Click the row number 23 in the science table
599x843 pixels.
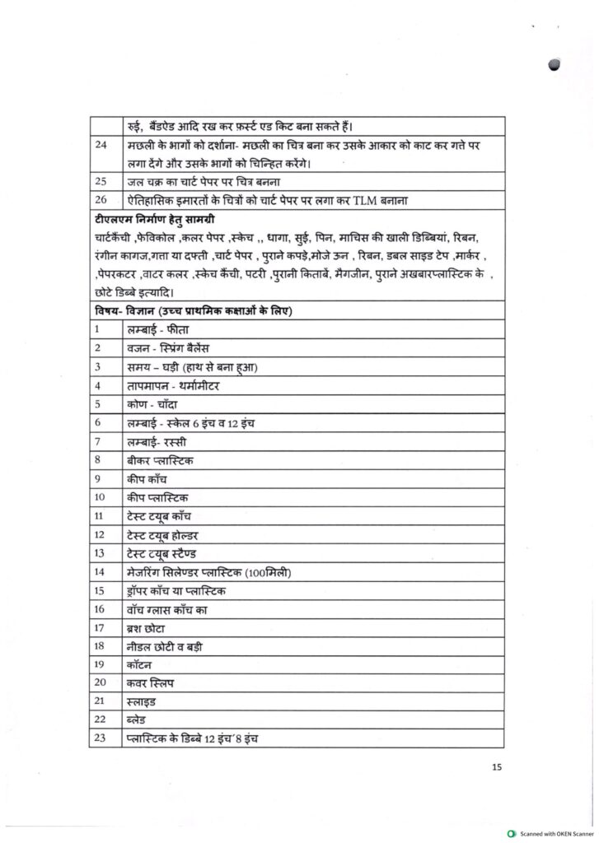point(100,738)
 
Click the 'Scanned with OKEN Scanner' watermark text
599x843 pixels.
point(555,834)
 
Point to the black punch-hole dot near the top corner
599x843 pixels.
point(553,68)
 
